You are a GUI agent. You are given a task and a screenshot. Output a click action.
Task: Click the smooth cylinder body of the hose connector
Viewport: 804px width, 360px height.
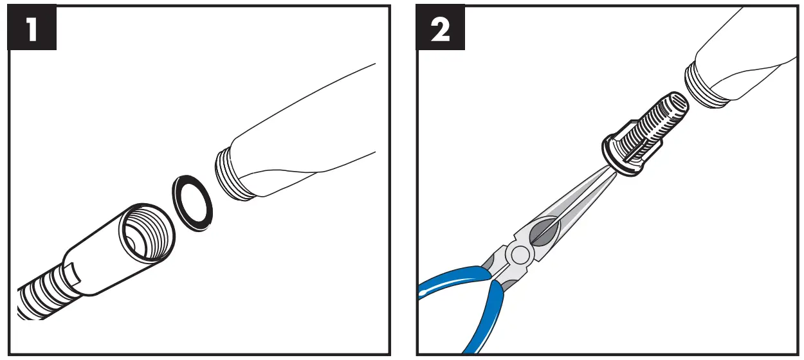(96, 260)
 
